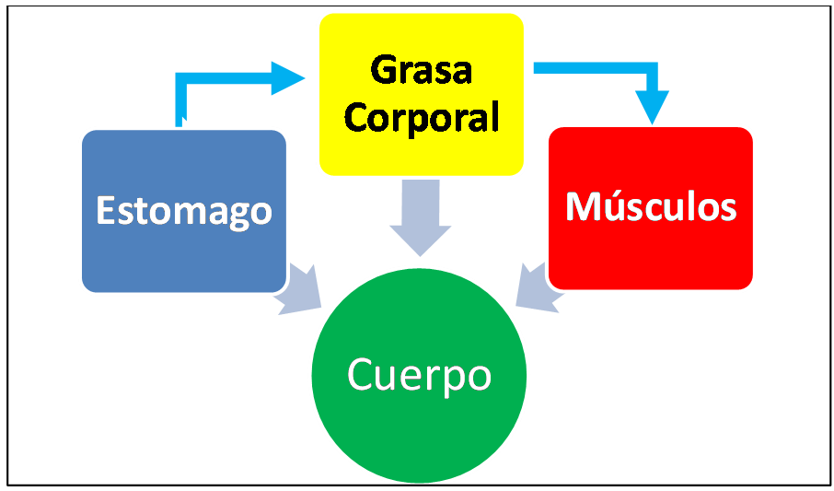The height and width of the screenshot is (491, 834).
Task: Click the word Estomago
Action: coord(184,211)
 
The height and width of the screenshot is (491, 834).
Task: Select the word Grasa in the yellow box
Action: coord(421,70)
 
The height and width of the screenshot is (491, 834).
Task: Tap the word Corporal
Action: coord(421,117)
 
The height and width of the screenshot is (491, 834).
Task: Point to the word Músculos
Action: coord(651,206)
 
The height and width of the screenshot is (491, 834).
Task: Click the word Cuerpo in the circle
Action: coord(419,375)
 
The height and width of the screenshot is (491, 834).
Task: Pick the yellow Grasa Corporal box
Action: coord(421,152)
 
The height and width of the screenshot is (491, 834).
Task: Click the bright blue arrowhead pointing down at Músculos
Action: coord(653,108)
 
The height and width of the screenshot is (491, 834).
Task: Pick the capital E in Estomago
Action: coord(106,211)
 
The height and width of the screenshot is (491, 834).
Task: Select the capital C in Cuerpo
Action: coord(360,375)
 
